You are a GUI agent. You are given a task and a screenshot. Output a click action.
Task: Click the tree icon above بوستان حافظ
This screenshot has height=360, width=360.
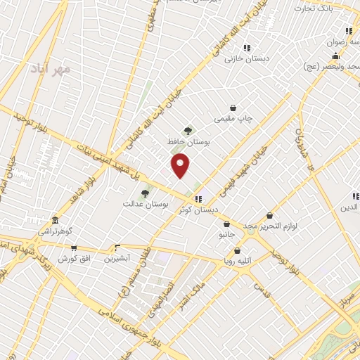pos(188,131)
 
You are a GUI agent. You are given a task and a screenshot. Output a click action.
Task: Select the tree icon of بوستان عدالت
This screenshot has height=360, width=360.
pos(145,193)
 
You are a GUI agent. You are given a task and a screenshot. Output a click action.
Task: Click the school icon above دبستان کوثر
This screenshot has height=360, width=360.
pos(200,199)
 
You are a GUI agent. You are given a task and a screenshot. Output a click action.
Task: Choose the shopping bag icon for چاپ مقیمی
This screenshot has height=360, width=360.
pos(233,108)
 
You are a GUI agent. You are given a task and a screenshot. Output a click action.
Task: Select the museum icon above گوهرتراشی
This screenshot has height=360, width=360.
pos(56,220)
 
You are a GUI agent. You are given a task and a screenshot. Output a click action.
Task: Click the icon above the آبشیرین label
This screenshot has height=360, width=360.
pos(117,247)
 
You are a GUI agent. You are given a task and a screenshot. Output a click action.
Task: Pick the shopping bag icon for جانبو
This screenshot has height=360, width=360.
pos(226,224)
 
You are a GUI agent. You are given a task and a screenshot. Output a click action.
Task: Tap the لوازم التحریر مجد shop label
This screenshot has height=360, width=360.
pos(271,226)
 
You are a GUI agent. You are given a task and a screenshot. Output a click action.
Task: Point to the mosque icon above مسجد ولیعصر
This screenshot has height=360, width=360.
pos(336,56)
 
